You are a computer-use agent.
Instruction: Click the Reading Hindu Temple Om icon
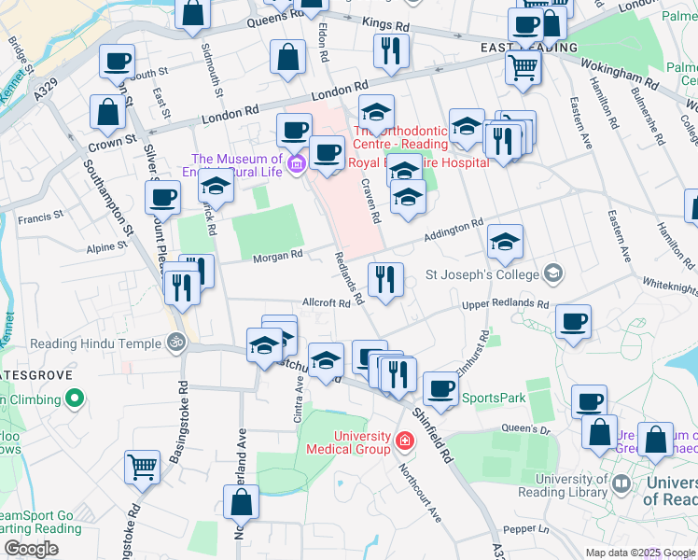pyautogui.click(x=174, y=343)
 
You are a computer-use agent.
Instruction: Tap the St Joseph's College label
pyautogui.click(x=482, y=274)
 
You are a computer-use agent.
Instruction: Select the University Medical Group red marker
pyautogui.click(x=405, y=440)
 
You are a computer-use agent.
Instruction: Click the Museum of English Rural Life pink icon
pyautogui.click(x=297, y=164)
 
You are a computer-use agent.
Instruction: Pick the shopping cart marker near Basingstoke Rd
pyautogui.click(x=142, y=466)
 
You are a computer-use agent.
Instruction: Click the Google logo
pyautogui.click(x=31, y=549)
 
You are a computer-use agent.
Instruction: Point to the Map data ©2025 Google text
pyautogui.click(x=639, y=553)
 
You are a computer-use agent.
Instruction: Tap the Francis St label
pyautogui.click(x=40, y=217)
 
